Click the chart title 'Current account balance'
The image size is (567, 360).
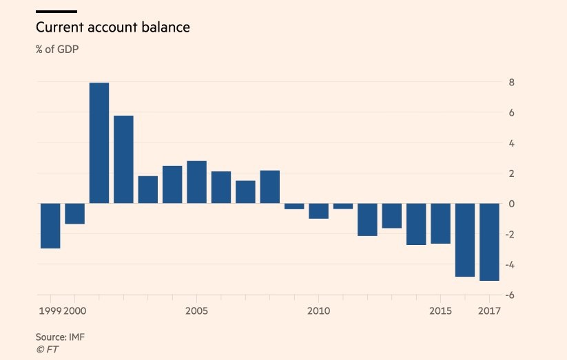click(x=112, y=28)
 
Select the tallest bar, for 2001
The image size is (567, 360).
click(x=99, y=143)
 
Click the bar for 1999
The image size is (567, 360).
click(x=50, y=226)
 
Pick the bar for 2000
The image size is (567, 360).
click(x=74, y=214)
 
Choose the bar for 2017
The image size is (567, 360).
click(x=489, y=242)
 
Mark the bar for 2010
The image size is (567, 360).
click(x=318, y=211)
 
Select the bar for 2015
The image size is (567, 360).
click(x=440, y=224)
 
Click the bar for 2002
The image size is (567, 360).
click(x=123, y=160)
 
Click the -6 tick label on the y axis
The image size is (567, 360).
click(x=510, y=295)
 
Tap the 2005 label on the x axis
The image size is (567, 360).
click(x=196, y=311)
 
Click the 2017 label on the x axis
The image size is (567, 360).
click(x=489, y=311)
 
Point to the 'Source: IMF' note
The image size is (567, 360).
click(x=60, y=337)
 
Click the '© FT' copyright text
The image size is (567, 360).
click(x=48, y=349)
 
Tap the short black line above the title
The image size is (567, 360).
click(x=56, y=12)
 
